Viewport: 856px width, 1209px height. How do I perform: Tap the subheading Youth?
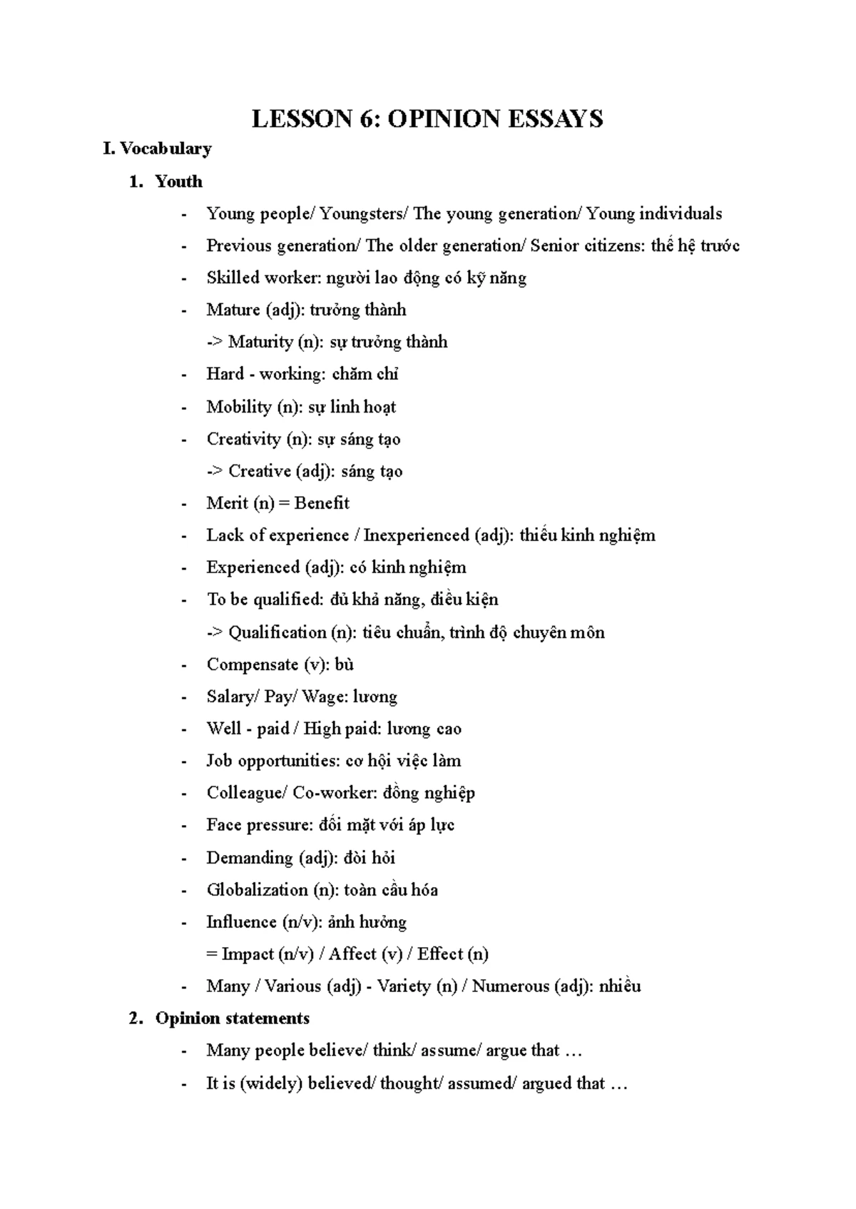click(178, 181)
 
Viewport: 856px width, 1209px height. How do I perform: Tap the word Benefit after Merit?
click(322, 503)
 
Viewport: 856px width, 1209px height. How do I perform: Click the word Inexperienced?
click(417, 535)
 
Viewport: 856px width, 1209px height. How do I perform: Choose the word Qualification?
click(277, 632)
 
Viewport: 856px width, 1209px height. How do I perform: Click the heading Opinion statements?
click(233, 1018)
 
